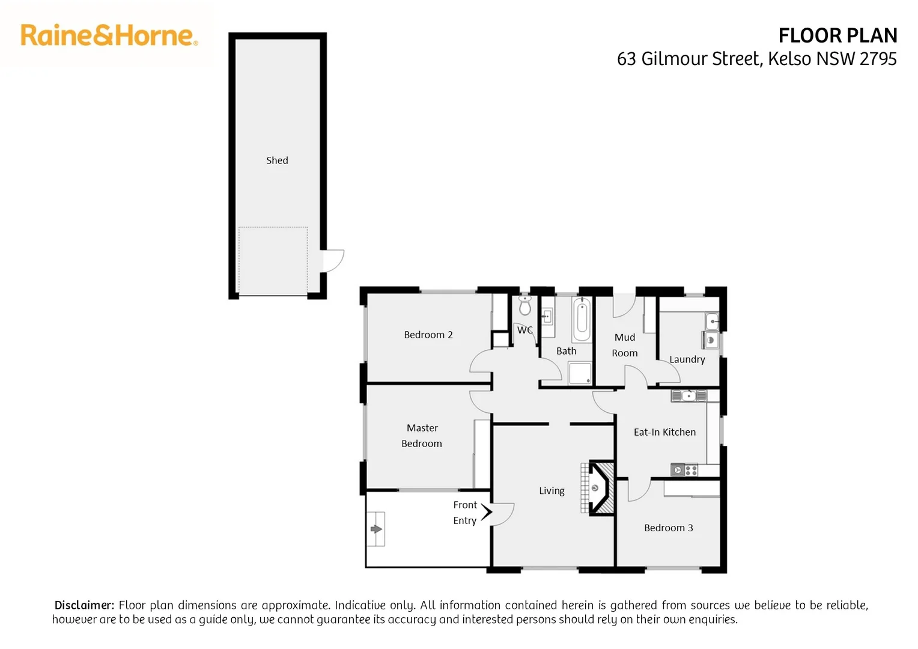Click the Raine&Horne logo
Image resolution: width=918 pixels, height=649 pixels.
coord(109,35)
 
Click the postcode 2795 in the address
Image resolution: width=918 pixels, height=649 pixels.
coord(878,59)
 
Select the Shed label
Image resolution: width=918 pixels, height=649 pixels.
coord(277,160)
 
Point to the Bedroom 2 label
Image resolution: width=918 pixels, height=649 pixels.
coord(428,335)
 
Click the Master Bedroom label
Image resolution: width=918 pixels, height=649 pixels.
coord(422,436)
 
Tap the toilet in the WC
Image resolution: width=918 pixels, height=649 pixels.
coord(525,306)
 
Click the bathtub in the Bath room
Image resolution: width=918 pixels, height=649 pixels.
coord(581,320)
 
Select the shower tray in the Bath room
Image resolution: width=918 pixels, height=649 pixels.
coord(580,373)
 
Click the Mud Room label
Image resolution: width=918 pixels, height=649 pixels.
coord(625,345)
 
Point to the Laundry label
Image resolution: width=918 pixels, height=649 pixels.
coord(687,359)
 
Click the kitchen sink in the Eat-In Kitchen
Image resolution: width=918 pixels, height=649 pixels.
coord(688,395)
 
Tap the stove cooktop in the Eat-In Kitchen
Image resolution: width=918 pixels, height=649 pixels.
coord(684,470)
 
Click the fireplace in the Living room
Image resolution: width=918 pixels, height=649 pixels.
coord(598,488)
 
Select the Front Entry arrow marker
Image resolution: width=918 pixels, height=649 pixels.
coord(486,512)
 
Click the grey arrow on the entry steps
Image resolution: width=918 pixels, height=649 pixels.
coord(376,529)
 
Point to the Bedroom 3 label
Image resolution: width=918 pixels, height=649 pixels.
coord(668,528)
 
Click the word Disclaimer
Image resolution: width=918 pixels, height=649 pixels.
coord(84,605)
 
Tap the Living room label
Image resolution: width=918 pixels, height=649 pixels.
coord(552,491)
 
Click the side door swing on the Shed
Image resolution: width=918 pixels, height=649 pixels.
coord(333,261)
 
